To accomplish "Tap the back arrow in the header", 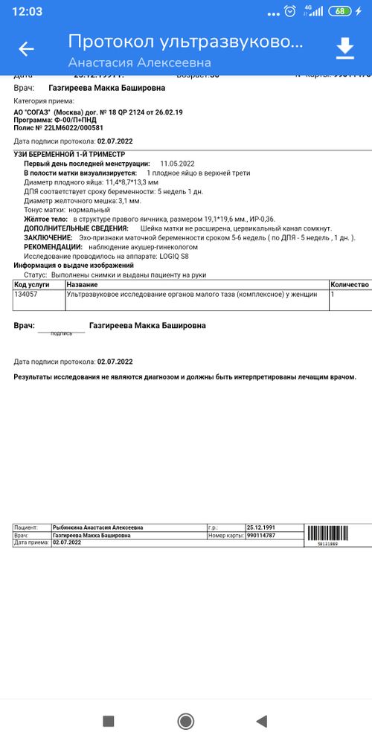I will [x=26, y=49].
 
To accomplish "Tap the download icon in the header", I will [x=345, y=49].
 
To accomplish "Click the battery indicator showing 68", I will [x=341, y=11].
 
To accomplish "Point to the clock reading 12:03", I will [x=28, y=11].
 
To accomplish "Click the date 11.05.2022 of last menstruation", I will [x=177, y=163].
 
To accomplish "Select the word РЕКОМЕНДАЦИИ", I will [x=53, y=246].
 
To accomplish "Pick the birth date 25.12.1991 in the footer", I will [x=260, y=527].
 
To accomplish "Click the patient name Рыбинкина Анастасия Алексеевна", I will [x=98, y=527].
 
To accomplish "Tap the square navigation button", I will [x=108, y=721].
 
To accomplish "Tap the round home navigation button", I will [x=186, y=721].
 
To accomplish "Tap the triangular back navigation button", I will [x=261, y=721].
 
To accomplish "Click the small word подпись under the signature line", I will [x=61, y=333].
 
